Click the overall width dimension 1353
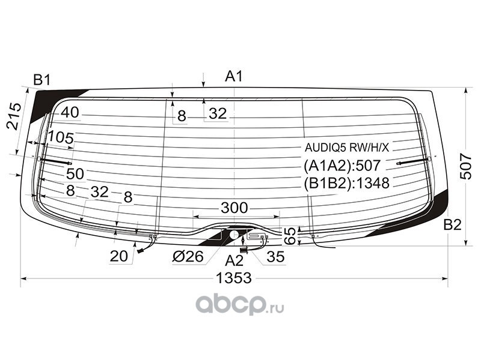click(x=234, y=278)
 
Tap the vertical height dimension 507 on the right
click(x=465, y=166)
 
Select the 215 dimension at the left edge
click(x=14, y=116)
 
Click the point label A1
click(x=234, y=76)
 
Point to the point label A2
click(x=234, y=261)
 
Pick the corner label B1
click(x=41, y=80)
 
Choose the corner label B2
click(x=452, y=225)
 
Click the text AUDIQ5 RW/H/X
click(x=347, y=148)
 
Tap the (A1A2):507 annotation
click(x=342, y=166)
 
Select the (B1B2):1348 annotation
click(x=347, y=183)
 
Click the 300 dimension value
click(x=234, y=208)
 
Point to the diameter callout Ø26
click(x=188, y=256)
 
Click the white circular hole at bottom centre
click(x=234, y=235)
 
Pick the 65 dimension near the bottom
click(x=290, y=236)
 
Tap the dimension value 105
click(x=61, y=138)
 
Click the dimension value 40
click(x=70, y=113)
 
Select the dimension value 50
click(x=75, y=174)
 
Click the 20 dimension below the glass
click(x=118, y=256)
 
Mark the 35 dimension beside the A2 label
click(x=275, y=257)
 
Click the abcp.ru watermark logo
click(x=239, y=304)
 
